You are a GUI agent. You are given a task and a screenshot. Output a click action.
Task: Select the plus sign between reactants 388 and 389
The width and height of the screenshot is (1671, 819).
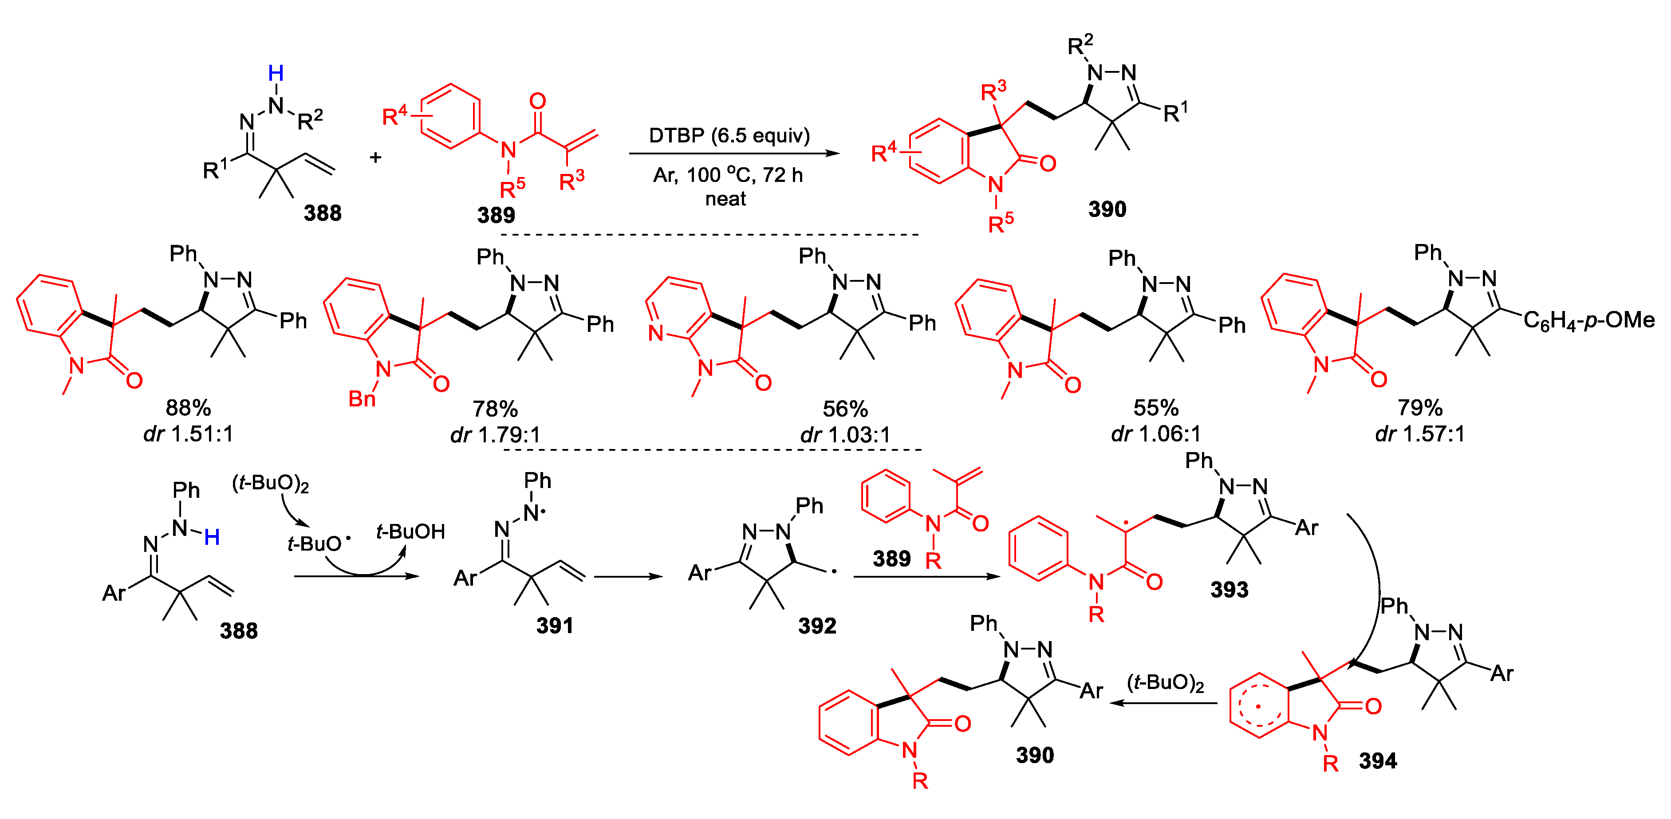pos(375,157)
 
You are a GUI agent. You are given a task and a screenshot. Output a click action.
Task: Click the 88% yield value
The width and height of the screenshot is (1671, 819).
pos(188,408)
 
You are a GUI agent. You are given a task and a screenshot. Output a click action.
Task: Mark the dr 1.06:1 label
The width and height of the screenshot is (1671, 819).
pos(1155,433)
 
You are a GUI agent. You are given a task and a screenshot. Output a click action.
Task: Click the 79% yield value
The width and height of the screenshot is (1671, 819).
pos(1419,408)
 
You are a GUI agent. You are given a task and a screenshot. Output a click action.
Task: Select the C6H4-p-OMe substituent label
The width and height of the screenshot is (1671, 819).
pos(1588,320)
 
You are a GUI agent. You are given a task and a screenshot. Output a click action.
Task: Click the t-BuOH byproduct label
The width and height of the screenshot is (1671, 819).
pos(410,532)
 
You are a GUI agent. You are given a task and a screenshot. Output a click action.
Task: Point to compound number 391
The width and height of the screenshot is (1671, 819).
pos(555,625)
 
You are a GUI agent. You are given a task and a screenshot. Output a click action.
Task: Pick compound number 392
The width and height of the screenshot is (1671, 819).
pos(817,625)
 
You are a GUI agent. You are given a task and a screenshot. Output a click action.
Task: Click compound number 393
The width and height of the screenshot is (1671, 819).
pos(1229,590)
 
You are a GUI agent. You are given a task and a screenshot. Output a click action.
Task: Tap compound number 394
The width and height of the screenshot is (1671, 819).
pos(1378,760)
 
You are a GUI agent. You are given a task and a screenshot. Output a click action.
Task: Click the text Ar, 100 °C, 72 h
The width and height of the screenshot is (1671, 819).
pos(728,175)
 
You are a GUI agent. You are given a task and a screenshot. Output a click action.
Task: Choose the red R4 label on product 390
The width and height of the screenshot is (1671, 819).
pos(883,153)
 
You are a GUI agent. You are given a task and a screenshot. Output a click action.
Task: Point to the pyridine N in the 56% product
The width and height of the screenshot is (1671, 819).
pos(656,333)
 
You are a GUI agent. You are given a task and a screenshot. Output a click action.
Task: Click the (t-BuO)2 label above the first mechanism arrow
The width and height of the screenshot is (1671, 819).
pos(271,483)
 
